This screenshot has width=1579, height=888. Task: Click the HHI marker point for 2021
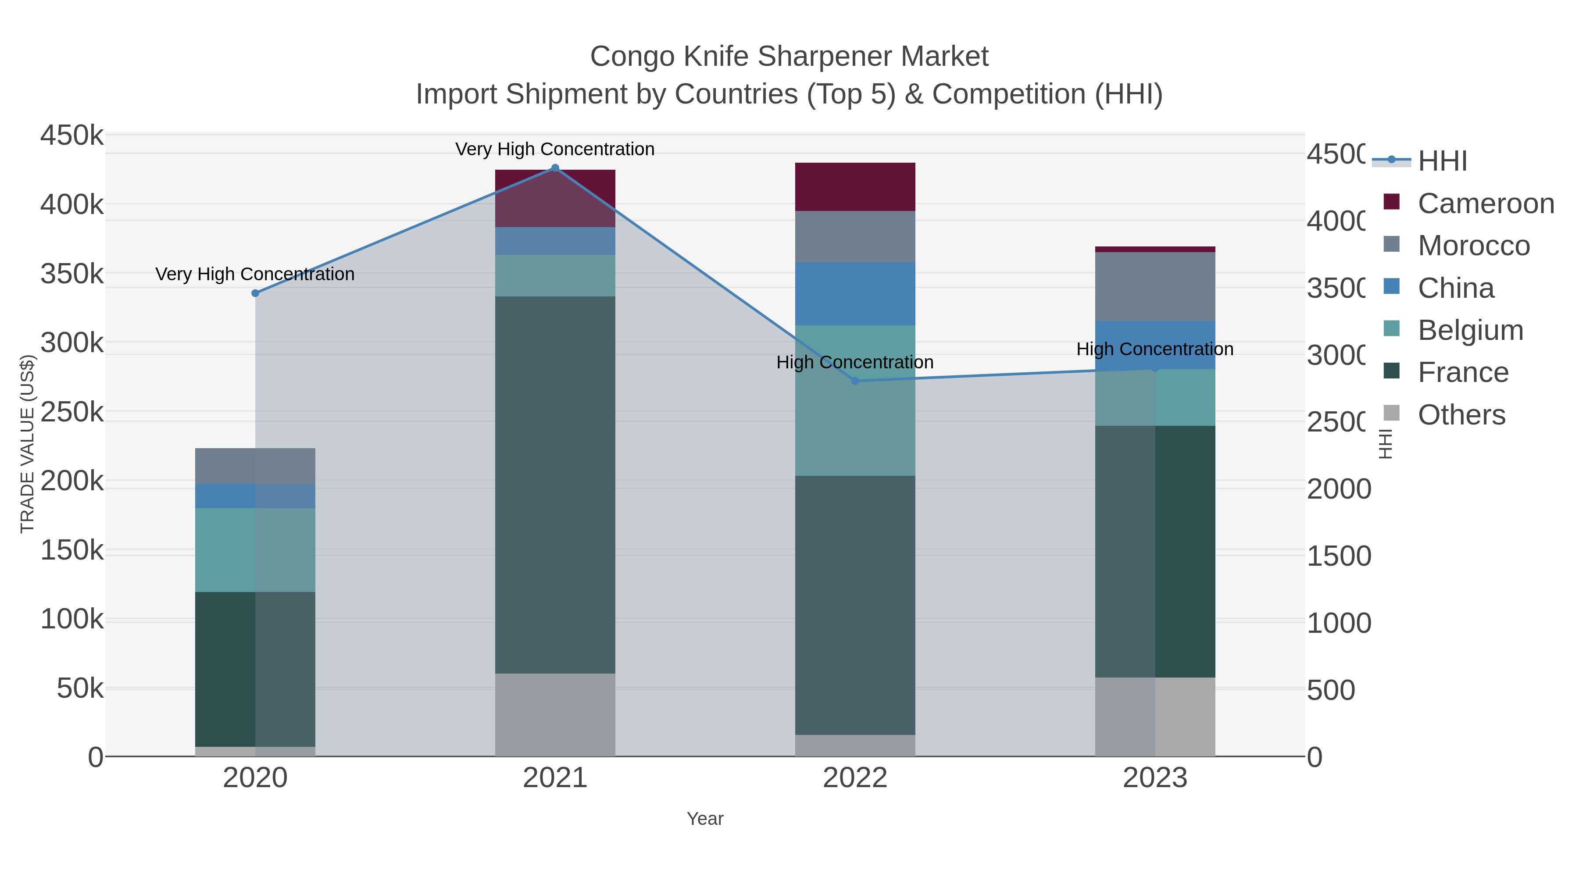coord(555,168)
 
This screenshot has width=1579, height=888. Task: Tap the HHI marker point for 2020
coord(256,293)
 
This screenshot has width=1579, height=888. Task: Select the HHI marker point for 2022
coord(855,381)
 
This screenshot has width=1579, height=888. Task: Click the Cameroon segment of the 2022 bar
coord(855,187)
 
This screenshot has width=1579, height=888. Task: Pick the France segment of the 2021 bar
coord(555,485)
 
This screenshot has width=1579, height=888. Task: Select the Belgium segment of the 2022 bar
coord(855,400)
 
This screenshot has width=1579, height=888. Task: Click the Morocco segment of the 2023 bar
coord(1155,286)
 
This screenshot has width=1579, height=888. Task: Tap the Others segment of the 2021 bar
coord(555,715)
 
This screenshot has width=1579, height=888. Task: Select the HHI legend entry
coord(1442,161)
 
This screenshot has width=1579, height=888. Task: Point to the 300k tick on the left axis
coord(72,343)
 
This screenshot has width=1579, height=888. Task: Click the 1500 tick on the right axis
coord(1338,556)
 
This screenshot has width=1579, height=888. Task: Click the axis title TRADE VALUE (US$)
coord(28,444)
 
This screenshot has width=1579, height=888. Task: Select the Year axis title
coord(705,819)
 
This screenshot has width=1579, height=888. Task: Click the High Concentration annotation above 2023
coord(1155,349)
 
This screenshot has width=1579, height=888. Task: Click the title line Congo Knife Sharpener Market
coord(789,57)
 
